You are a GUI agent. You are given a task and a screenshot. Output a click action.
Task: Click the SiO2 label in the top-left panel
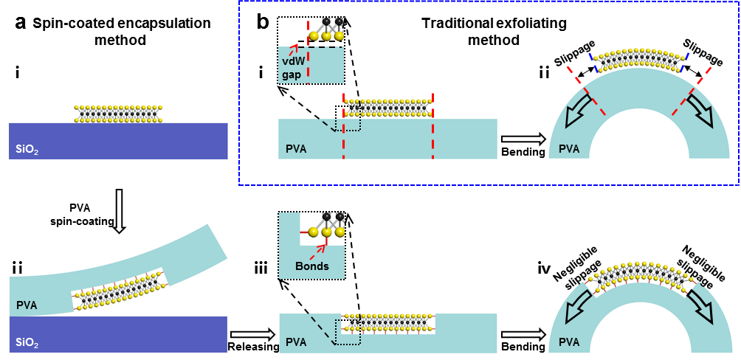[x=27, y=150]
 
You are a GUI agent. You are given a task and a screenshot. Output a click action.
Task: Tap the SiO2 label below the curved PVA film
[x=27, y=344]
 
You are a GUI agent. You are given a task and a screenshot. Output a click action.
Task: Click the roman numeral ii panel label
[x=17, y=269]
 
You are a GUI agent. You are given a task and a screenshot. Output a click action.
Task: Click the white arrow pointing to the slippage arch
[x=520, y=139]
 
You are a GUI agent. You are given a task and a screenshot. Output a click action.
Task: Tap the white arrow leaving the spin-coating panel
[x=249, y=334]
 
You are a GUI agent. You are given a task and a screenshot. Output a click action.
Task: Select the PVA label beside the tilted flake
[x=27, y=303]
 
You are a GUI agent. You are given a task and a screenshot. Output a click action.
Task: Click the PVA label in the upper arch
[x=569, y=149]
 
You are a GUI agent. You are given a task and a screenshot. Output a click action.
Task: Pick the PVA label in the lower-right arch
[x=569, y=343]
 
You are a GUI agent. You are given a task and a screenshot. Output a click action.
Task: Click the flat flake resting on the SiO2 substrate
[x=118, y=113]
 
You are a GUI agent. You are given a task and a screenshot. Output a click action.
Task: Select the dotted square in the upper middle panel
[x=348, y=118]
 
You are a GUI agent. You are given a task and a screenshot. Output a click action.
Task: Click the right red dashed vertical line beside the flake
[x=433, y=125]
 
